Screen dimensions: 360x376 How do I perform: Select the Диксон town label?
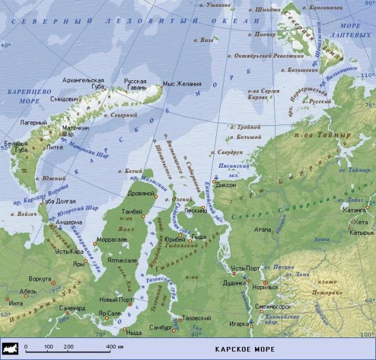[x=226, y=185]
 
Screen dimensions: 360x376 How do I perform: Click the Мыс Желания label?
[x=182, y=83]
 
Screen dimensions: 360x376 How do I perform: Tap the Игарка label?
[x=241, y=324]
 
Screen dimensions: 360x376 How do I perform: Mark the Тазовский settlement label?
[x=196, y=318]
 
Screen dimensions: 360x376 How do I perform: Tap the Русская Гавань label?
[x=135, y=85]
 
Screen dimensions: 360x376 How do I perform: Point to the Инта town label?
[x=15, y=303]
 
